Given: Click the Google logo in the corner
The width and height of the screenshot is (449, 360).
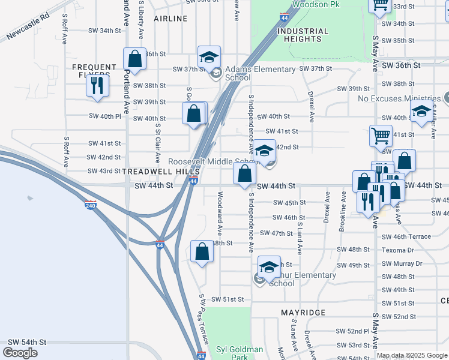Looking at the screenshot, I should (20, 353).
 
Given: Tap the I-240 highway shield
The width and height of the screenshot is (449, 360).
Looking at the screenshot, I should (90, 205).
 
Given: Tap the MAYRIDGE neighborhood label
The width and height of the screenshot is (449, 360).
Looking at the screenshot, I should (304, 313).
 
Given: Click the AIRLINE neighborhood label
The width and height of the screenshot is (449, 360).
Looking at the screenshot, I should (170, 19).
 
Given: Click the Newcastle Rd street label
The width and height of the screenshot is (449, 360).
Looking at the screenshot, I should (28, 28).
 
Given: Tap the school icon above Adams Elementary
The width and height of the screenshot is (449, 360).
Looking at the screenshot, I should (209, 57).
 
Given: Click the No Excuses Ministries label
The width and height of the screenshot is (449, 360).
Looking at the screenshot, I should (399, 98).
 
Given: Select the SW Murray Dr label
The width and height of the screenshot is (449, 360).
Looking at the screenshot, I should (402, 263).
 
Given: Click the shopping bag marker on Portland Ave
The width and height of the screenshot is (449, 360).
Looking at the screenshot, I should (134, 59).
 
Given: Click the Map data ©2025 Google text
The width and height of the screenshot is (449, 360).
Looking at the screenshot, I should (412, 355).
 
